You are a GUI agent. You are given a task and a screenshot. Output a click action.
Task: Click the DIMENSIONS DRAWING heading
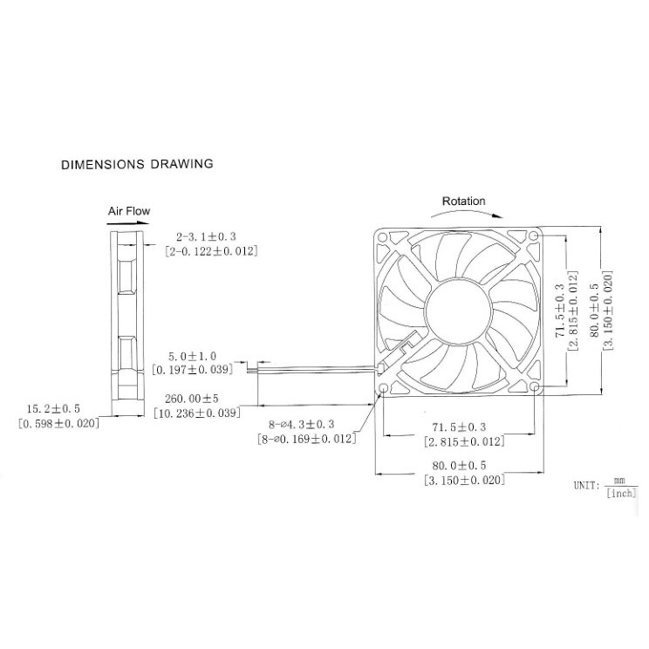137,163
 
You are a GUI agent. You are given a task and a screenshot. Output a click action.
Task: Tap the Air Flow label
129,211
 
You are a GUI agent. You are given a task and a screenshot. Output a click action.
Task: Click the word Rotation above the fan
463,202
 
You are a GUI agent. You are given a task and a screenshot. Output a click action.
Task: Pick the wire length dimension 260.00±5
195,399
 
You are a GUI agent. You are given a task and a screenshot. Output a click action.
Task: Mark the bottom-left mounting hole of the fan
384,387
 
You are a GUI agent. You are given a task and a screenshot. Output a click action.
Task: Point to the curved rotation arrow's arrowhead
497,214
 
